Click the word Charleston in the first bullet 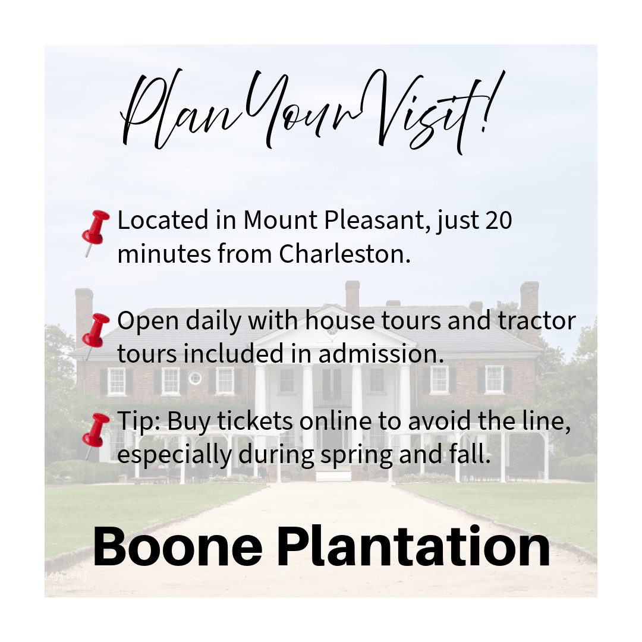click(x=345, y=253)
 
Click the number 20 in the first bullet click(x=499, y=221)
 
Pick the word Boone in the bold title click(x=178, y=547)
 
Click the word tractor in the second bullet click(x=537, y=320)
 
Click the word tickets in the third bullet click(x=254, y=421)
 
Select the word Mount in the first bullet click(x=280, y=221)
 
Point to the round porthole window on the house click(x=195, y=378)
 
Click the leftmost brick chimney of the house click(x=84, y=315)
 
